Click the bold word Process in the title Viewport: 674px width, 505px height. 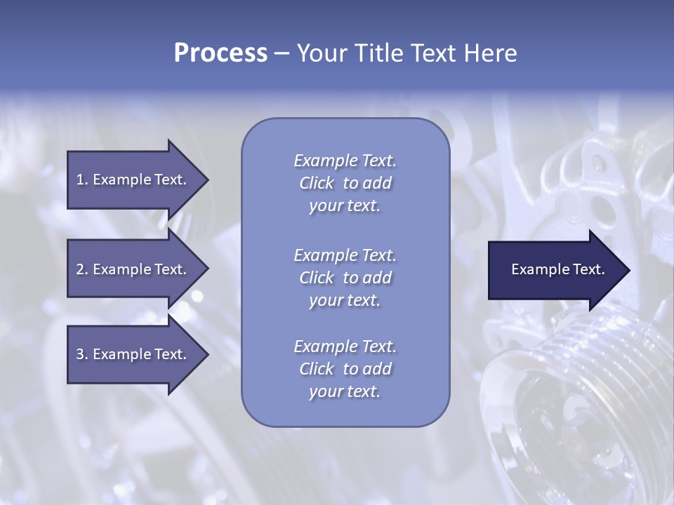[x=220, y=53]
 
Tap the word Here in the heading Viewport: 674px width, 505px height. [x=490, y=53]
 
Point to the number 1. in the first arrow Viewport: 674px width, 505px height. [x=81, y=180]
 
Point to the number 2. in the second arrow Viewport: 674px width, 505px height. [x=81, y=269]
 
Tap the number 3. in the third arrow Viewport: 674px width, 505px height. [x=81, y=354]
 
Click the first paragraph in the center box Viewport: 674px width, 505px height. [x=345, y=183]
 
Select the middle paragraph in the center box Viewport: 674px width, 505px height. [x=345, y=278]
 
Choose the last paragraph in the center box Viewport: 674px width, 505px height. [x=345, y=369]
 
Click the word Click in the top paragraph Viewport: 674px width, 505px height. [x=316, y=183]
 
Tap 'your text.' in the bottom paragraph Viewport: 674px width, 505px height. [x=345, y=391]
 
